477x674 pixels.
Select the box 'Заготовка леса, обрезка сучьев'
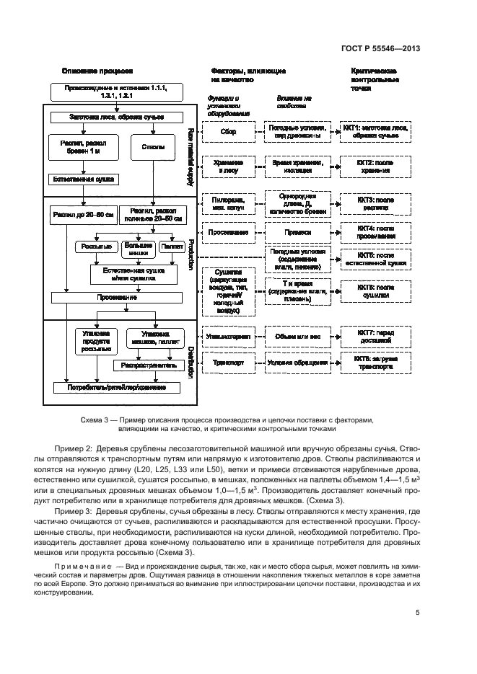coord(117,117)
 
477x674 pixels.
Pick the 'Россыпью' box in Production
coord(94,247)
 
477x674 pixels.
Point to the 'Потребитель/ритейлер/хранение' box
coord(116,387)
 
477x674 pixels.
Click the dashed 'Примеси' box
coord(297,233)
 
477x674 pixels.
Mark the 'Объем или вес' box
coord(297,335)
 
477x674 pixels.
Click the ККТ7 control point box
coord(375,335)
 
